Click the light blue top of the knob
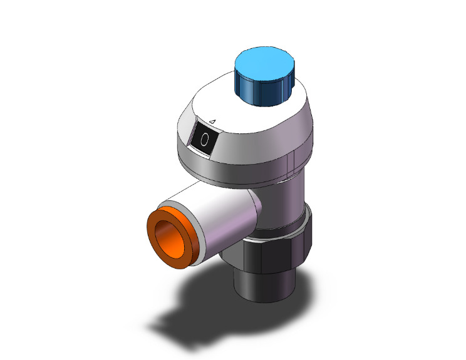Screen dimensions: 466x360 coord(264,64)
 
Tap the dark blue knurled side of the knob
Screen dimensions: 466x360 coord(262,92)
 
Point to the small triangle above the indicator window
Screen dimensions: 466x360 coord(212,121)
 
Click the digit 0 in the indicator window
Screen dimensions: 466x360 coord(204,140)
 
